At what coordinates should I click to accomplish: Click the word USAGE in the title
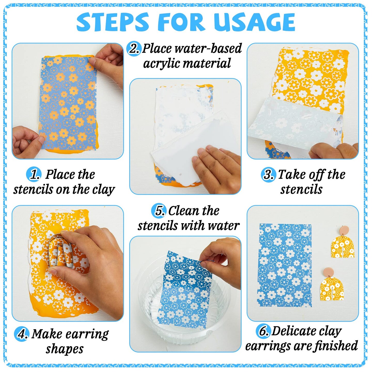(254, 22)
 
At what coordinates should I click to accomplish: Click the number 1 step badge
(34, 175)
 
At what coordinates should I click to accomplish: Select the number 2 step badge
(134, 48)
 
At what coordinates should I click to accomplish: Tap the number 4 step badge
(22, 334)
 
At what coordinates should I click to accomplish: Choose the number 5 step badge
(159, 211)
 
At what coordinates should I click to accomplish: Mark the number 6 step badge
(263, 331)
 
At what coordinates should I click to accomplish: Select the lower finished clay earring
(331, 287)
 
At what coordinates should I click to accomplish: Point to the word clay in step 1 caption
(103, 190)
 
